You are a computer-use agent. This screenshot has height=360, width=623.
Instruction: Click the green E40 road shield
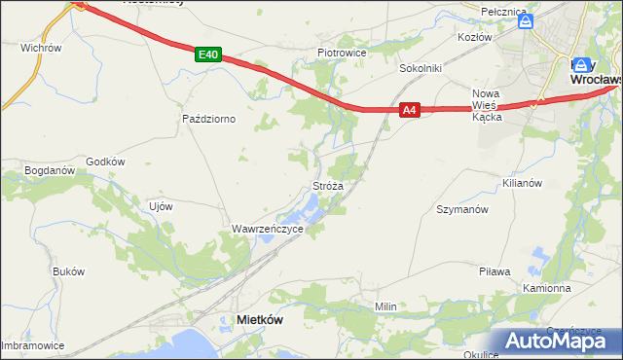point(206,55)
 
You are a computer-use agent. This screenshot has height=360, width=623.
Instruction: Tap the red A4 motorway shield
point(410,111)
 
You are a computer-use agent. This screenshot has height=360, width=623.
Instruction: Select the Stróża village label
point(327,184)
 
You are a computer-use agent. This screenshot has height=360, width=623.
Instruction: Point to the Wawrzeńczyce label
point(267,229)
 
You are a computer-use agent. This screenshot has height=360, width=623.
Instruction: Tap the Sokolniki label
point(421,69)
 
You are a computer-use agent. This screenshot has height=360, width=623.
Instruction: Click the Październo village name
point(210,118)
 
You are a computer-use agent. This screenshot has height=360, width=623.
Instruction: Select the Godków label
point(106,162)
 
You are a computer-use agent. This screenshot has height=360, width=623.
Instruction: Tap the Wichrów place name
point(41,47)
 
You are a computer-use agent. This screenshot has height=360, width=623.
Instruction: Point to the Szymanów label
point(461,209)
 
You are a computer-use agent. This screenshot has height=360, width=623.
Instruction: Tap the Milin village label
point(386,306)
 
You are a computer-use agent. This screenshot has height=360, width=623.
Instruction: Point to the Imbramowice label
point(32,345)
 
